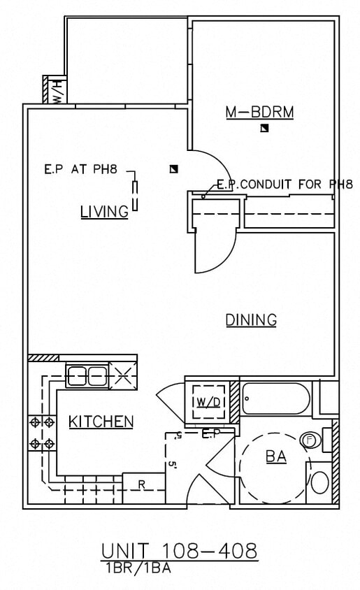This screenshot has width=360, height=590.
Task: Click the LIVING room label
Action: (104, 211)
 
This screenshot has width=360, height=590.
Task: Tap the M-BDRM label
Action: (259, 111)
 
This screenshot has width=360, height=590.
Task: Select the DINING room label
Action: (251, 320)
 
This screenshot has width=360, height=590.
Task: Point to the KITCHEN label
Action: (101, 422)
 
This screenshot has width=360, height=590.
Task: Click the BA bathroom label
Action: (275, 457)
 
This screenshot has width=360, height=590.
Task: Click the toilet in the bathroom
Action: (319, 482)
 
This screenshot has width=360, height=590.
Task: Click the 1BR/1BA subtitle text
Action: (136, 568)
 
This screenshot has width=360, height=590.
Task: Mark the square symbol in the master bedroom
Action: (264, 128)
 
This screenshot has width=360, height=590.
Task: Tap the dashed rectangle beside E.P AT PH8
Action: (135, 194)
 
